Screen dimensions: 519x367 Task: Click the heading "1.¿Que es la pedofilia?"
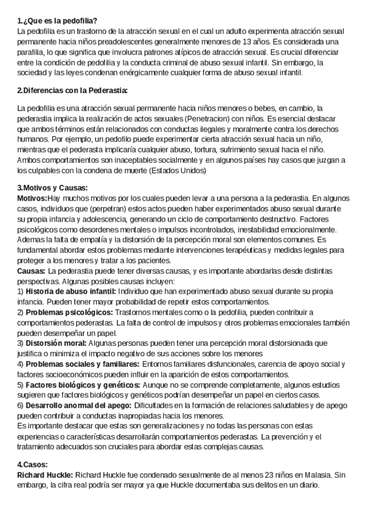(54, 21)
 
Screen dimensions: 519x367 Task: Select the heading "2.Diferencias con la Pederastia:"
(72, 91)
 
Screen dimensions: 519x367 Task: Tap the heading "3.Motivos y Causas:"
(53, 188)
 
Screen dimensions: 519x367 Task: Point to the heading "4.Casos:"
(32, 447)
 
